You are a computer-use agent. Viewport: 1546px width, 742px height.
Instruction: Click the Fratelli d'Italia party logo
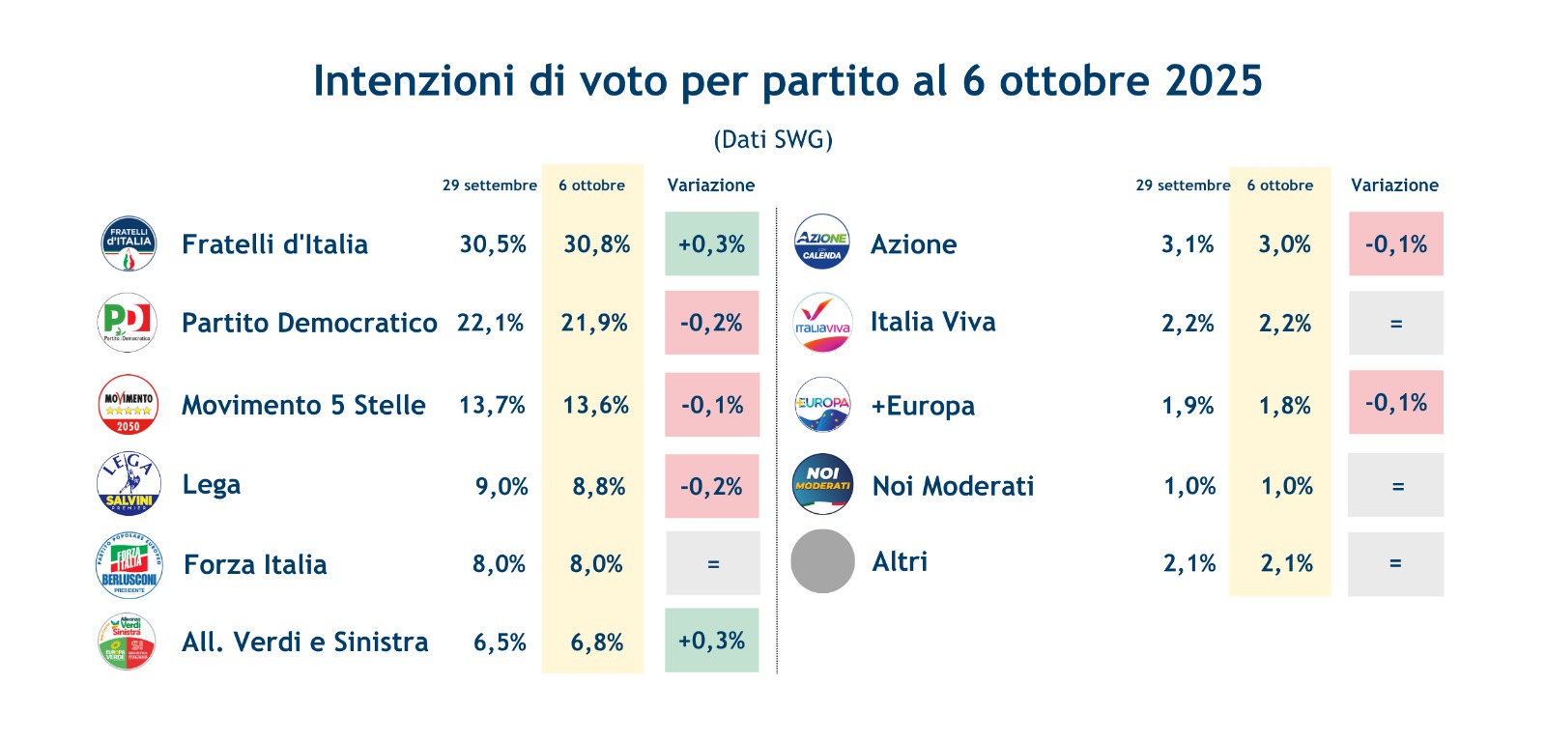coord(129,243)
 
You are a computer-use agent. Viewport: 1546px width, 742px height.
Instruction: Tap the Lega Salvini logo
coord(129,484)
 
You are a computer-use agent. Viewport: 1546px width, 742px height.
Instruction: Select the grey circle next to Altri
coord(822,561)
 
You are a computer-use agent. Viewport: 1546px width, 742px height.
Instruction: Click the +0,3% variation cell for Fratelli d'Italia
coord(712,244)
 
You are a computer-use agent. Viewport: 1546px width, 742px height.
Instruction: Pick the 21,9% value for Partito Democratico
coord(594,323)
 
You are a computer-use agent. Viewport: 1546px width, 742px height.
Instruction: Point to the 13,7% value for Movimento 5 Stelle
coord(492,405)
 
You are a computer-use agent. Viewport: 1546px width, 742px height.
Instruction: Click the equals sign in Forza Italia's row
coord(713,564)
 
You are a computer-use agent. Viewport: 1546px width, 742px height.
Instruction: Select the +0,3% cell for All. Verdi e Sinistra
coord(712,641)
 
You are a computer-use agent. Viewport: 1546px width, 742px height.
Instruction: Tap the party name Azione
coord(913,244)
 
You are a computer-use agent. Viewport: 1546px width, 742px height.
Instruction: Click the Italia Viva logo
coord(822,323)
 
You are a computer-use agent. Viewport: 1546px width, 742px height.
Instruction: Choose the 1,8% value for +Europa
coord(1284,406)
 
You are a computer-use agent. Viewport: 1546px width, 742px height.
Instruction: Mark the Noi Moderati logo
coord(822,484)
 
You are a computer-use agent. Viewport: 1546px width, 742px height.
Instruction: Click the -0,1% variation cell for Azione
coord(1396,244)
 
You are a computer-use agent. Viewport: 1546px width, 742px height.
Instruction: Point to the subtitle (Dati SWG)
coord(773,139)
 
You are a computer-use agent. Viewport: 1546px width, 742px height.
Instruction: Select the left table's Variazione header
coord(711,185)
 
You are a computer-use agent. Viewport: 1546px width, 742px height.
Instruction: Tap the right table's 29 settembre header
coord(1183,185)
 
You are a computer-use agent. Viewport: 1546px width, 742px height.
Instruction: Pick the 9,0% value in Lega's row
coord(501,487)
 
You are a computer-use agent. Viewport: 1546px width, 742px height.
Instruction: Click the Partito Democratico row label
coord(309,323)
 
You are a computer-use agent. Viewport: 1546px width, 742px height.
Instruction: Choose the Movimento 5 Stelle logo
coord(129,404)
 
